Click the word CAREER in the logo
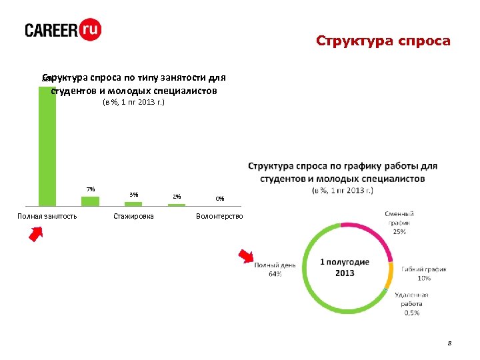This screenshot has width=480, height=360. tap(51, 31)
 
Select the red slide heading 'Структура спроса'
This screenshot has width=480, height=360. tap(383, 41)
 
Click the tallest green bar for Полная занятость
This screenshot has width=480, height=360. tap(47, 147)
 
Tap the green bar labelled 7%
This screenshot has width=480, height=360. tap(90, 201)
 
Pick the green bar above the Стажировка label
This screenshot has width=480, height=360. tap(133, 204)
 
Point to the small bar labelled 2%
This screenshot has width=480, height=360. tap(176, 205)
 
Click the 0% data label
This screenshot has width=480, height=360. tap(219, 199)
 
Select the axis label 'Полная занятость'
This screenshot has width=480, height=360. tap(47, 216)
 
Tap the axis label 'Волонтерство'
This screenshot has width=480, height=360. tap(219, 216)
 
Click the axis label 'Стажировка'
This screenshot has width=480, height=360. tap(133, 216)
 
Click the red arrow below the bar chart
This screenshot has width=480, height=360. tap(35, 235)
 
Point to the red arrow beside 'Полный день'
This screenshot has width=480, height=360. tap(247, 257)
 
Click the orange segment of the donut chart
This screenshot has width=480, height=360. tap(390, 273)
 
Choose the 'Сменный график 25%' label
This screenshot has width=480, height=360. tap(399, 223)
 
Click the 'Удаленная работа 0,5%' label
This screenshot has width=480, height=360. tap(411, 303)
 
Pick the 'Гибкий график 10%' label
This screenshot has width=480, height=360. tap(424, 273)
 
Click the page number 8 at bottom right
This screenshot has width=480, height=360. tap(449, 343)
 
